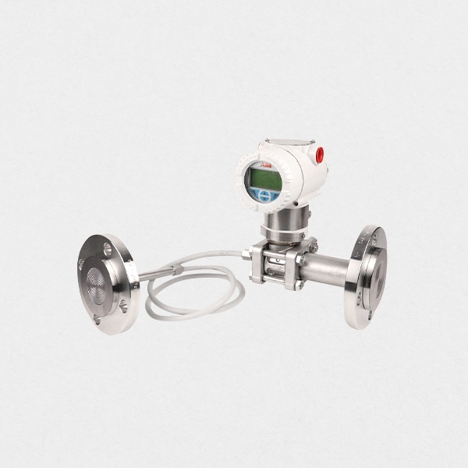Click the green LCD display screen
coord(264,179)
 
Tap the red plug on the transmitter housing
coord(319,155)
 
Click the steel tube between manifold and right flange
coord(326,270)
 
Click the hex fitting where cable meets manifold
coord(246,254)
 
